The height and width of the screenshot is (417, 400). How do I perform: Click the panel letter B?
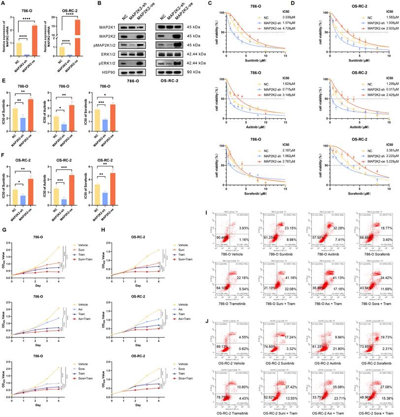click(x=102, y=4)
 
